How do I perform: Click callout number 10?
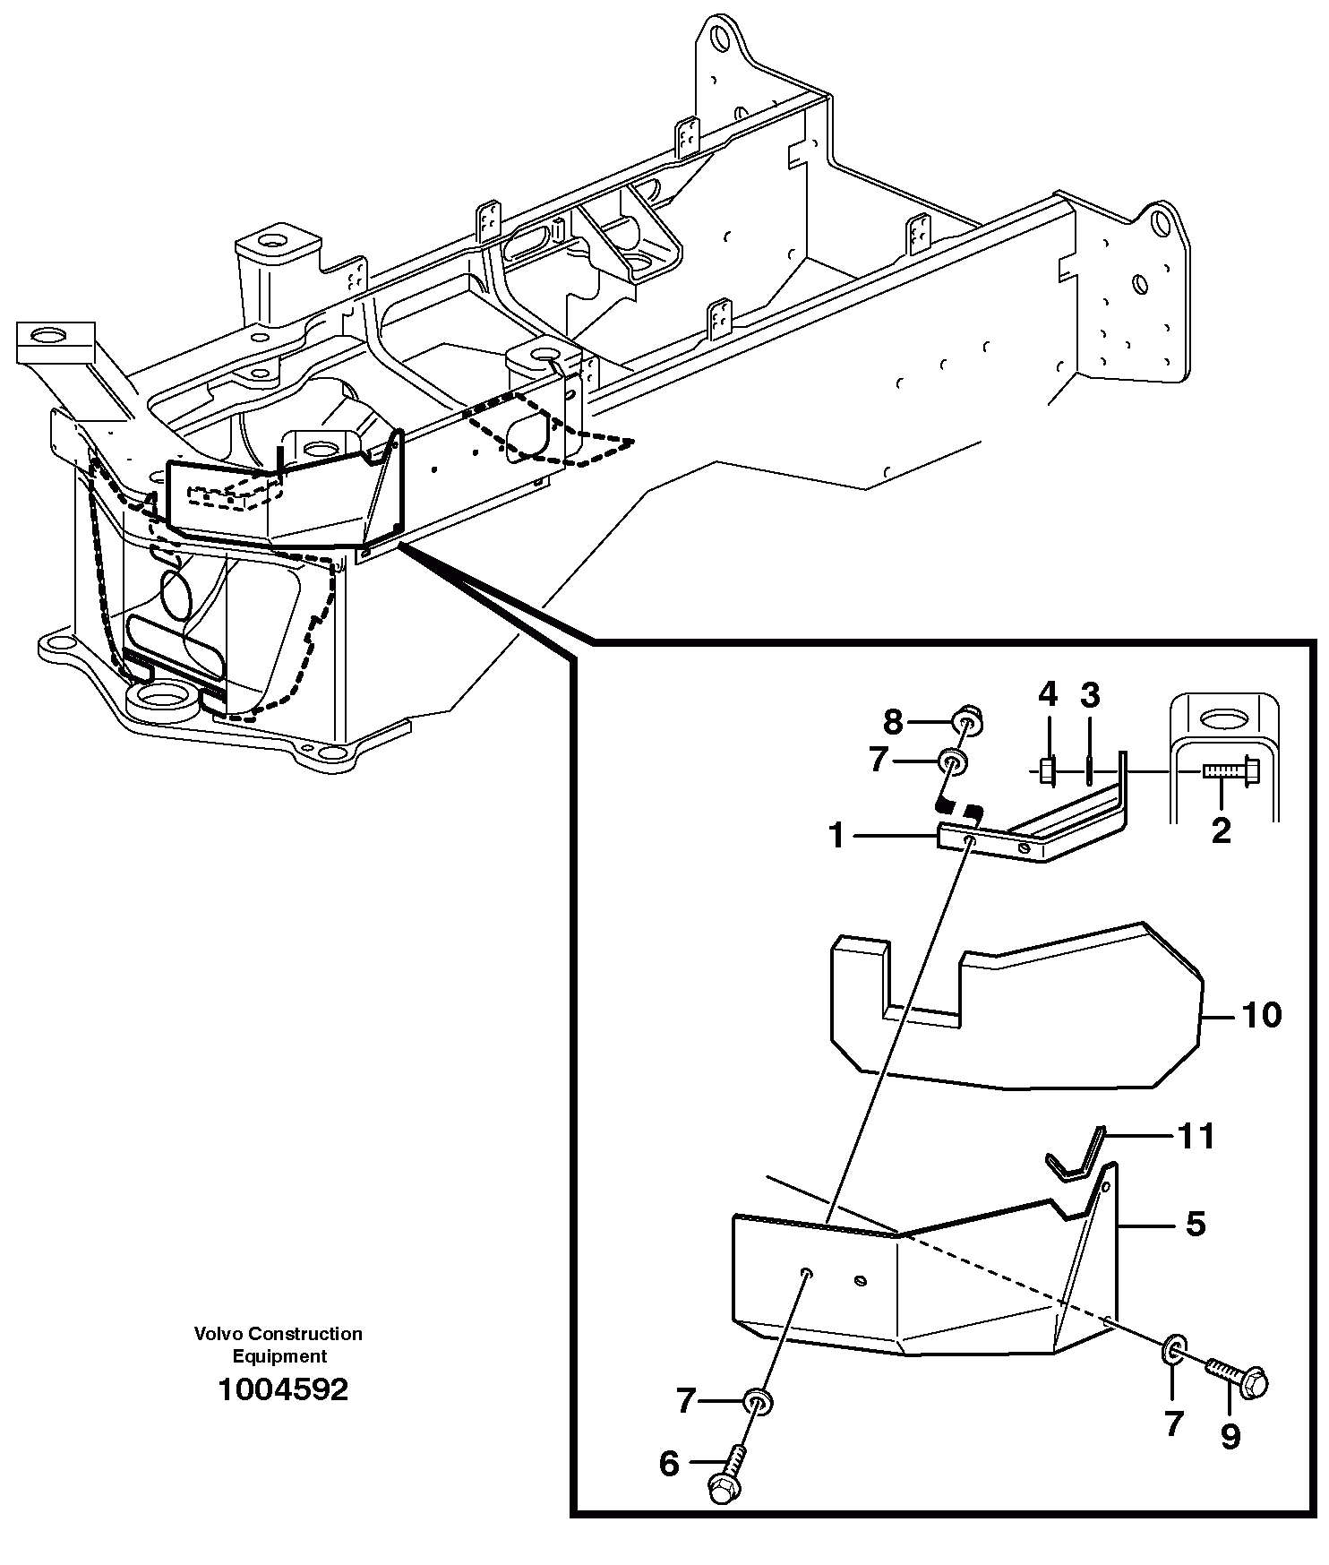click(x=1260, y=1016)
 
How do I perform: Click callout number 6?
click(x=669, y=1464)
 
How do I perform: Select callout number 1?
click(x=836, y=836)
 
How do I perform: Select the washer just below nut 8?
click(x=952, y=762)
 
